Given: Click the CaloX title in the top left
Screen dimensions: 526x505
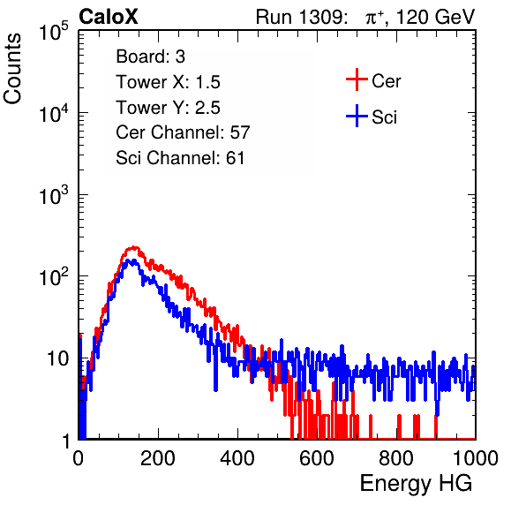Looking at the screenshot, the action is (109, 16).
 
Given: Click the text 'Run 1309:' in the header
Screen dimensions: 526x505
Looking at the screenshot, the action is (301, 17).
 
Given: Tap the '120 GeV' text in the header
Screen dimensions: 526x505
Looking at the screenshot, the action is (435, 17).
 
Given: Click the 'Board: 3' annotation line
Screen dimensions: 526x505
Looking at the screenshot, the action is (150, 57).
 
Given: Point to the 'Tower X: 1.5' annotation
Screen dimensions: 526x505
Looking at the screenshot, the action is (168, 82).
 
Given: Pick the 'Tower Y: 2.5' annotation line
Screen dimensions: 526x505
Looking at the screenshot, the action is (168, 108).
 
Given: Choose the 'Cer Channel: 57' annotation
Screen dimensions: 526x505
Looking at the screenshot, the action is (183, 132).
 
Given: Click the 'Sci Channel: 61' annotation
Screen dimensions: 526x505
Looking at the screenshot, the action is (180, 157).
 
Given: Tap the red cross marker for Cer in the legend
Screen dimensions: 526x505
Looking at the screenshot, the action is (357, 79).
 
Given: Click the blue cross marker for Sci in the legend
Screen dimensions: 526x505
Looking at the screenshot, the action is (357, 116).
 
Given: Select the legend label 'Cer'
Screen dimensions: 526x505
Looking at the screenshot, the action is (387, 81).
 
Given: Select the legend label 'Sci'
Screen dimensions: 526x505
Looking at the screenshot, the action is (385, 117).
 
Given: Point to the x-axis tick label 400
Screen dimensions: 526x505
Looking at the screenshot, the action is (237, 458).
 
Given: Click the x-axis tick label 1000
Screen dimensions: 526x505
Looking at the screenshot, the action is (476, 458).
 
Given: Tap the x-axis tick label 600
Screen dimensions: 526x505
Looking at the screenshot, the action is (317, 458).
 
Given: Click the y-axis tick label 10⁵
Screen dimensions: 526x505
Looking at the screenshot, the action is (54, 31).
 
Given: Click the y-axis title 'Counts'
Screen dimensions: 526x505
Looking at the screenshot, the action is (12, 69).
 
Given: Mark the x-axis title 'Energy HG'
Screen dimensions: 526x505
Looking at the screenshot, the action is (417, 484).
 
